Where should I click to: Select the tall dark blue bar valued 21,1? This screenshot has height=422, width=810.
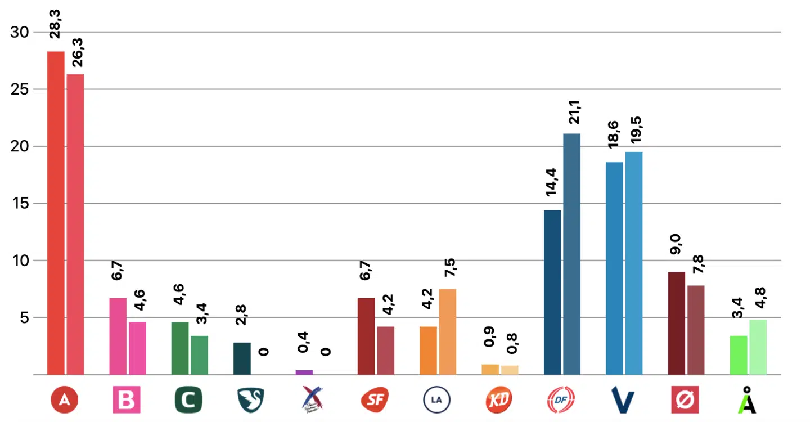click(x=572, y=254)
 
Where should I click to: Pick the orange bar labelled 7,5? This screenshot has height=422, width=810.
click(x=448, y=331)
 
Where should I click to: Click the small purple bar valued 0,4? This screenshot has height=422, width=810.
click(x=304, y=372)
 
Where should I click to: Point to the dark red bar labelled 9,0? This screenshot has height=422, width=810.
click(x=677, y=323)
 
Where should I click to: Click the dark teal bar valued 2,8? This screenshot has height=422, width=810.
click(x=242, y=358)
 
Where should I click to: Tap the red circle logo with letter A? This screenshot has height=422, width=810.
click(x=64, y=400)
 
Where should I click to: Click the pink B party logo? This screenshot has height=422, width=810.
click(x=127, y=400)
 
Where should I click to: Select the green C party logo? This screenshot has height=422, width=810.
click(x=188, y=400)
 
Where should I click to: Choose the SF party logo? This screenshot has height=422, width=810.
click(x=375, y=400)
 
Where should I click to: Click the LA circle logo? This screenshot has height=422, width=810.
click(x=436, y=400)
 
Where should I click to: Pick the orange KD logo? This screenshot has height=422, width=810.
click(x=498, y=400)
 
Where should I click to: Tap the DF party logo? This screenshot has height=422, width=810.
click(x=561, y=400)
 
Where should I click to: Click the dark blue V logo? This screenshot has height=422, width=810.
click(x=623, y=401)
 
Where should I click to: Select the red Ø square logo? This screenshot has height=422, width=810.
click(x=685, y=400)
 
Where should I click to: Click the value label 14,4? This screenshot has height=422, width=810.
click(x=552, y=182)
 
